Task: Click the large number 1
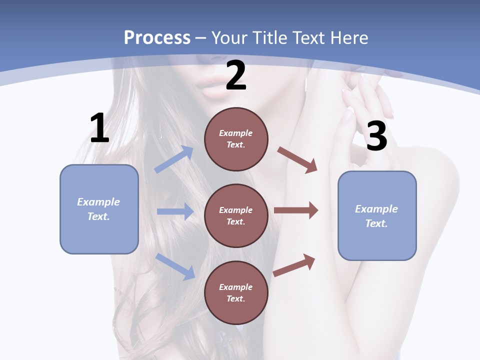point(99,128)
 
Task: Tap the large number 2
point(236,75)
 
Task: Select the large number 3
point(376,136)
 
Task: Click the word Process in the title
point(157,37)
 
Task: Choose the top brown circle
point(236,139)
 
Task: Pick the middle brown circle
point(236,215)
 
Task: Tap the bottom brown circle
point(236,292)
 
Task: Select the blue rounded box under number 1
point(99,209)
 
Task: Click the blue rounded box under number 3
point(377,215)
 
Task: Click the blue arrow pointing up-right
point(174,159)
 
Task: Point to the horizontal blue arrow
point(175,212)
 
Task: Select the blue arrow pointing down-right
point(175,266)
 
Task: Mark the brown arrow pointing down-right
point(297,159)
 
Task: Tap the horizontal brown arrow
point(296,210)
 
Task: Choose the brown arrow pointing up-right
point(294,265)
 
